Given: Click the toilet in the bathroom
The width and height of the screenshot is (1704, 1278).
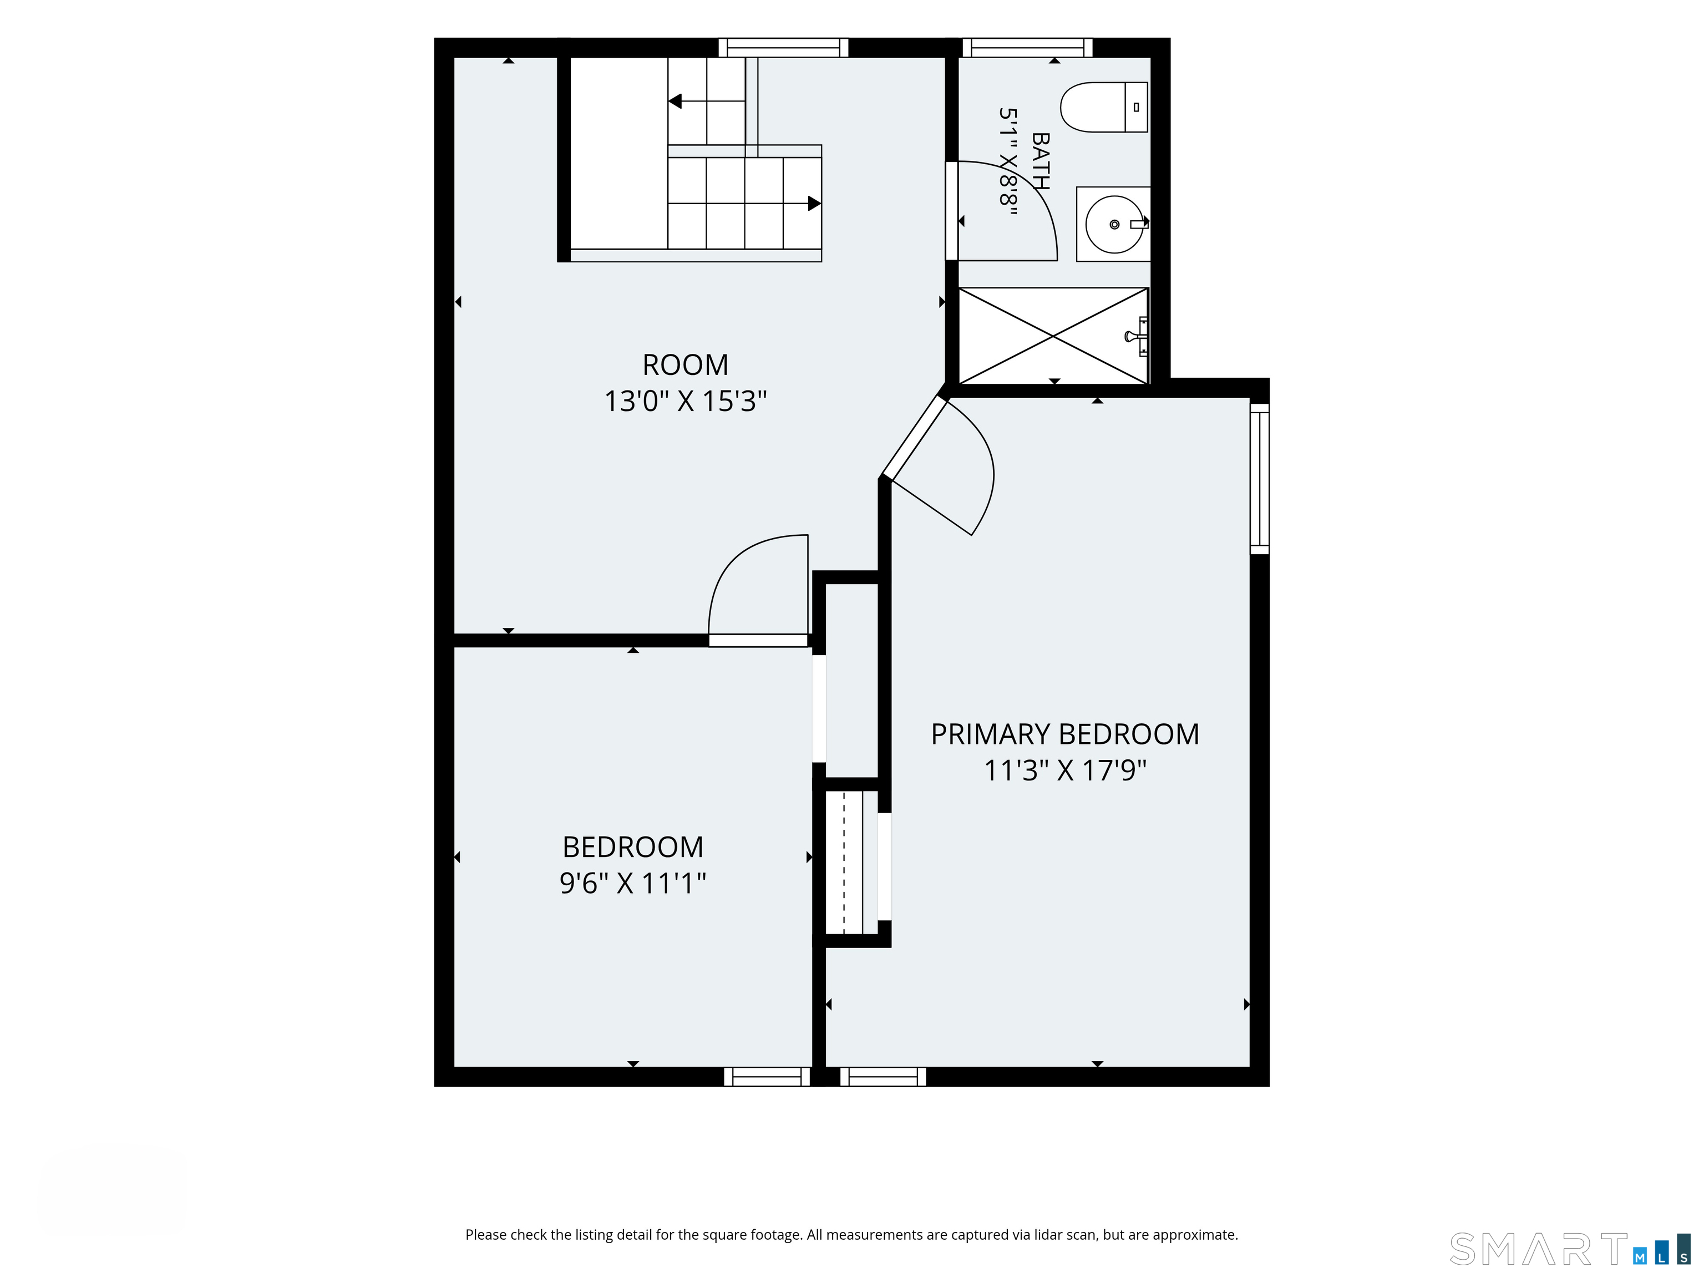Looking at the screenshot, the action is (1103, 107).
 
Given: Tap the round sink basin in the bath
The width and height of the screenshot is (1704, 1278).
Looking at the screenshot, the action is (1114, 224).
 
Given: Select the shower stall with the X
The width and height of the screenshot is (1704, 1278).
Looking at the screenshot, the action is (1053, 336).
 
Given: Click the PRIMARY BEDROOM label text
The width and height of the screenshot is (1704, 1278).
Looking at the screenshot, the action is (1064, 734).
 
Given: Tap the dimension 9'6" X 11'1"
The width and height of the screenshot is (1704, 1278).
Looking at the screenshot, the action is (632, 883).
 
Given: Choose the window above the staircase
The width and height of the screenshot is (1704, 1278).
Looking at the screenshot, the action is (783, 48).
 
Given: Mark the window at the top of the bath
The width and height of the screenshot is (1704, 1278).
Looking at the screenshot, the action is (1027, 48).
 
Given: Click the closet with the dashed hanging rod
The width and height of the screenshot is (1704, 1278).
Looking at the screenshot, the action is (852, 862).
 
